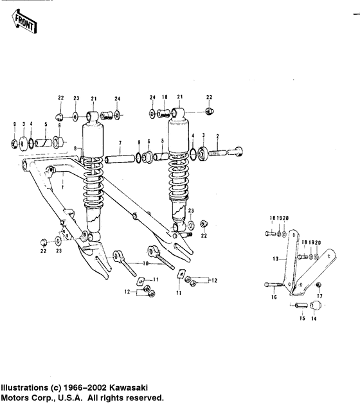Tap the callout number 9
click(15, 123)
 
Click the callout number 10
click(147, 263)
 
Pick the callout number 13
click(274, 258)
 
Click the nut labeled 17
click(319, 285)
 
